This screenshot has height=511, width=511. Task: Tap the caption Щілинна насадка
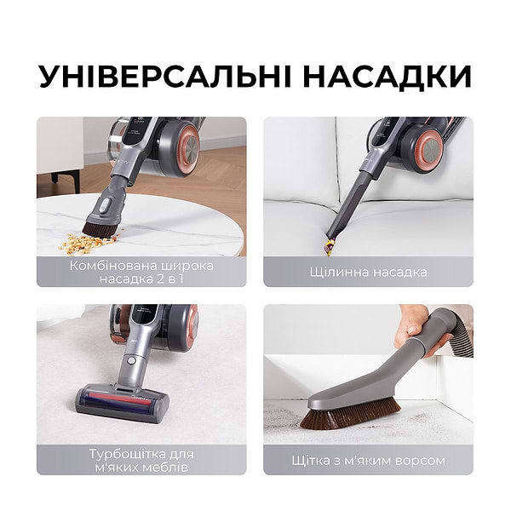click(368, 272)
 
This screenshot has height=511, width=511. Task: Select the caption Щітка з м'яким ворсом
click(368, 460)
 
